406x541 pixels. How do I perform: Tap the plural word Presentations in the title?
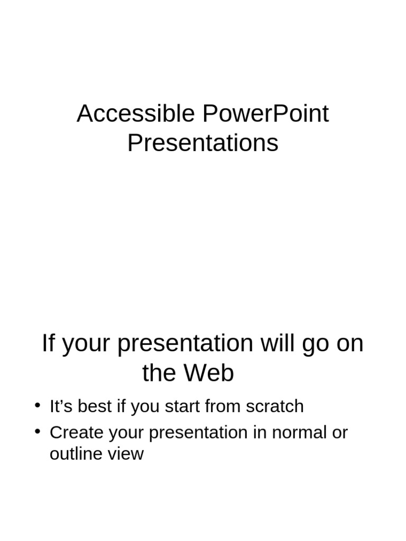point(202,143)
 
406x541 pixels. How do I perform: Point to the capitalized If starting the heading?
point(48,343)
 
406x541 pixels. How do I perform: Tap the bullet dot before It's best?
point(37,405)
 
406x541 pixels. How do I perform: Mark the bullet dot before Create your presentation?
point(37,432)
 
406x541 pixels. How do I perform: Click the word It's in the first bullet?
point(60,406)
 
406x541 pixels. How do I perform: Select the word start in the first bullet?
point(182,406)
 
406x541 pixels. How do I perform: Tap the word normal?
point(297,433)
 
